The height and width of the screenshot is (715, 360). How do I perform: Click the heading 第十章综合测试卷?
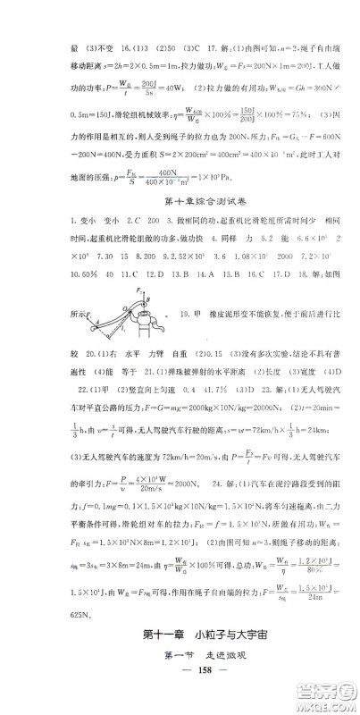pos(180,190)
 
